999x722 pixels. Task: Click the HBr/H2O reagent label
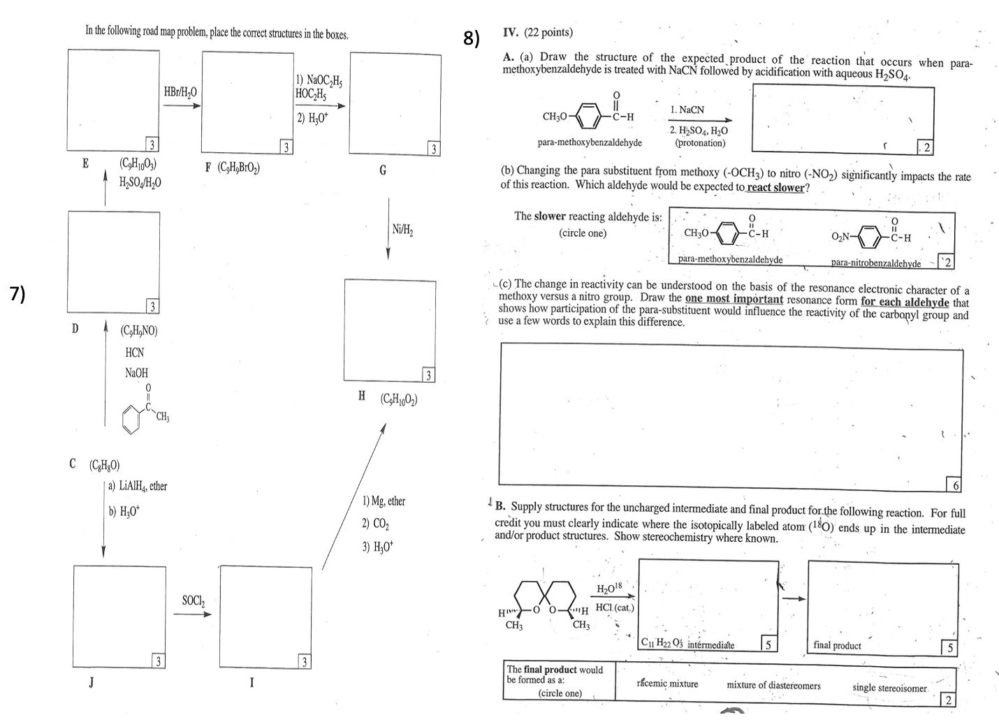click(x=180, y=92)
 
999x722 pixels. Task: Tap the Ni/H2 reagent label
click(x=402, y=229)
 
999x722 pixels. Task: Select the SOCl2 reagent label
click(x=194, y=600)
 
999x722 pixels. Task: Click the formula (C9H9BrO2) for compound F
click(x=233, y=168)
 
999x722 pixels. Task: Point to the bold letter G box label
click(x=383, y=170)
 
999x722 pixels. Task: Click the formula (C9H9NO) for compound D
click(x=139, y=330)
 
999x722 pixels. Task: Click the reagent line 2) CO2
click(x=376, y=524)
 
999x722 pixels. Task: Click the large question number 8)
click(x=472, y=38)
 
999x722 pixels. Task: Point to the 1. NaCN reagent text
click(x=687, y=110)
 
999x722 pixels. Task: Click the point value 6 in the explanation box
click(x=956, y=485)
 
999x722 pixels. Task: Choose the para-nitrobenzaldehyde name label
click(x=876, y=263)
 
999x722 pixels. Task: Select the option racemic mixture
click(x=667, y=684)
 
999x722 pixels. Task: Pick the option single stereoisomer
click(x=889, y=688)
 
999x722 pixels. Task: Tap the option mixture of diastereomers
click(x=773, y=685)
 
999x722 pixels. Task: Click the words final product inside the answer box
click(x=837, y=645)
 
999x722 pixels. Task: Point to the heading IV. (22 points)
click(x=537, y=32)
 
